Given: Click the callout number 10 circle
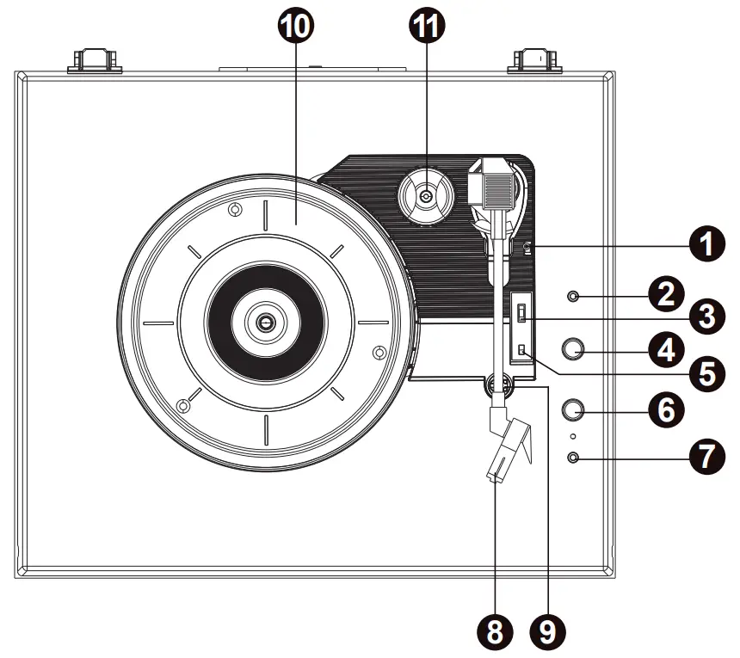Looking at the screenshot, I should (295, 26).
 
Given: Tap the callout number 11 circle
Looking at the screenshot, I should (428, 26).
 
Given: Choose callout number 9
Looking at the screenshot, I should (546, 634).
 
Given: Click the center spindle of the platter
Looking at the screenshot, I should (265, 323).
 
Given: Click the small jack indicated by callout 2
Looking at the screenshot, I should (574, 298).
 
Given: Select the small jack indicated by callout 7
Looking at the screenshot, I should (574, 457).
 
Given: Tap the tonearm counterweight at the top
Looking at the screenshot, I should (494, 184).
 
